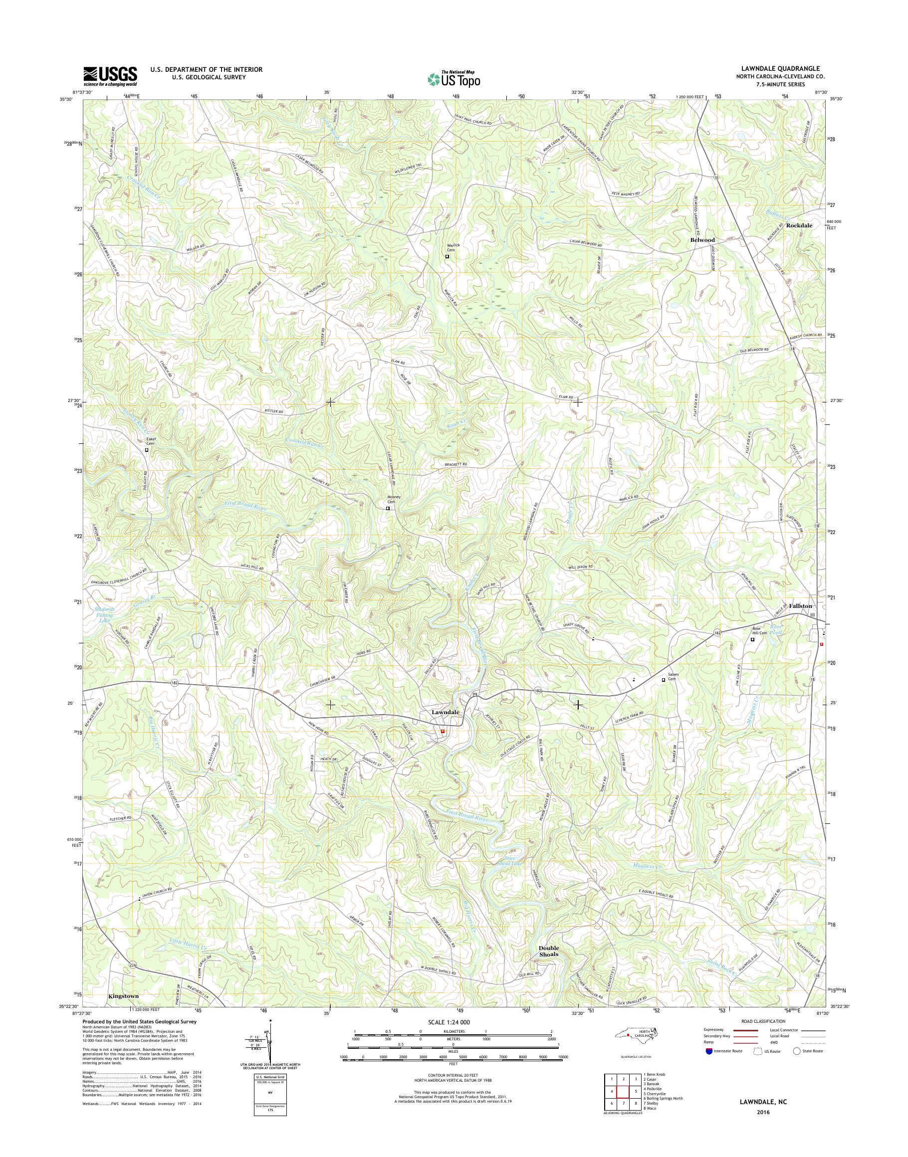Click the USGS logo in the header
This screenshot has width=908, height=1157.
coord(110,76)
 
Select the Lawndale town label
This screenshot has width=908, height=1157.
coord(444,713)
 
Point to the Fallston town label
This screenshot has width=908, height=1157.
coord(800,606)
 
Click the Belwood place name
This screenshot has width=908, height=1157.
coord(702,240)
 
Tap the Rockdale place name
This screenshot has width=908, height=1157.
coord(799,225)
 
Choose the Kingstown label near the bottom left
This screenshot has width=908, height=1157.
coord(123,996)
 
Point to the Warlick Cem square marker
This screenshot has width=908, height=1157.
coord(447,256)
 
